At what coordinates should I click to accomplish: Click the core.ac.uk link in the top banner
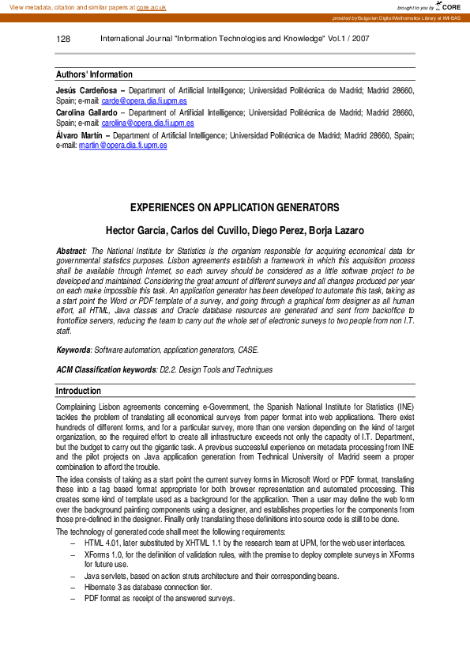[x=151, y=7]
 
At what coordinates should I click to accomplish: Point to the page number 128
[x=64, y=39]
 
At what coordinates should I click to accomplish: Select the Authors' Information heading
[x=94, y=74]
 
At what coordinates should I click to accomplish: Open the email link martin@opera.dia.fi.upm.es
[x=122, y=146]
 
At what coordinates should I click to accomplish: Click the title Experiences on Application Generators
[x=235, y=208]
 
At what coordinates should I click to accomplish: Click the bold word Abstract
[x=70, y=251]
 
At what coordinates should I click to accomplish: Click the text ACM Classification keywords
[x=106, y=369]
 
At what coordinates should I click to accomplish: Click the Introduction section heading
[x=78, y=391]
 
